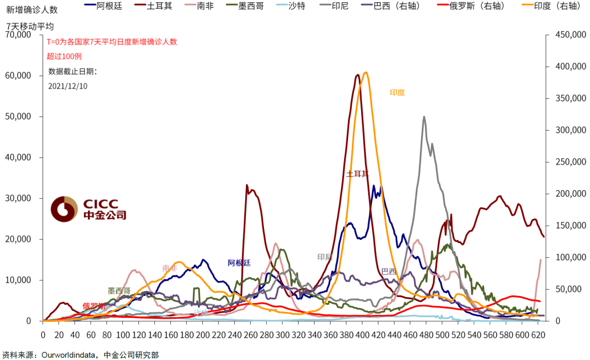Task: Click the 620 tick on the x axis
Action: (539, 334)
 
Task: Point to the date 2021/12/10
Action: (68, 86)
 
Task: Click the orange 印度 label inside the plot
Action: (397, 93)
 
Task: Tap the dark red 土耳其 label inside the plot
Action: (357, 174)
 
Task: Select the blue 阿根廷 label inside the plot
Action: (239, 263)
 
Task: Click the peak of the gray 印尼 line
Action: (424, 116)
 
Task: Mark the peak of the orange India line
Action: (365, 73)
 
